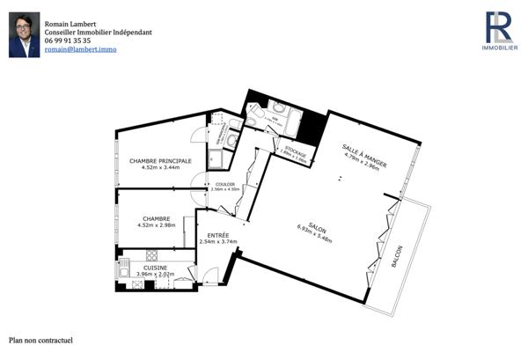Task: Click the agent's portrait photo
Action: [x=25, y=35]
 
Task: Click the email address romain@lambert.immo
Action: [x=80, y=50]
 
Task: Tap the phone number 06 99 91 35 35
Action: [x=67, y=40]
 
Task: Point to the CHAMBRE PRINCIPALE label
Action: [x=160, y=160]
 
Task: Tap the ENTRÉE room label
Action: [x=217, y=235]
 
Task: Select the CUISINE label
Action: [x=155, y=268]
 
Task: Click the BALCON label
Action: [x=399, y=256]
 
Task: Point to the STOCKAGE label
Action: [x=295, y=152]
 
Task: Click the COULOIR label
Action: [x=225, y=184]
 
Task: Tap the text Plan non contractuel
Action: [x=40, y=340]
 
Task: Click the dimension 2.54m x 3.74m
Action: [x=217, y=242]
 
